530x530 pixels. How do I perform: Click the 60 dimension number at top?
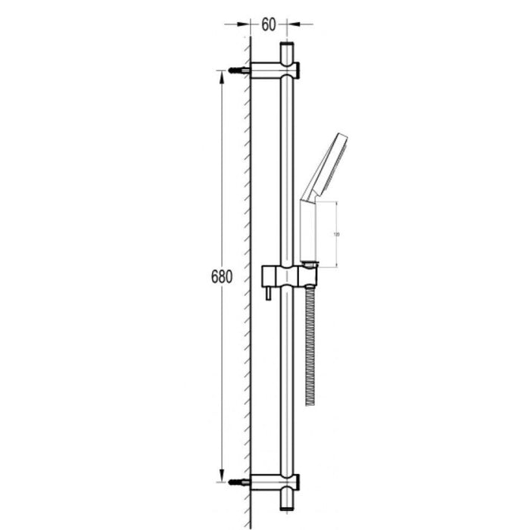(269, 24)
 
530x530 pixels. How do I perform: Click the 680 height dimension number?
(220, 277)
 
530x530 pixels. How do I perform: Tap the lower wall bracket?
(275, 482)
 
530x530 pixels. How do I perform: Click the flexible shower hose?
(310, 341)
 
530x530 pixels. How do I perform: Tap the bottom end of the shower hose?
(310, 401)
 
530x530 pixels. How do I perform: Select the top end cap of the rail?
(286, 51)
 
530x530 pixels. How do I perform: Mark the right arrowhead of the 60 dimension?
(292, 24)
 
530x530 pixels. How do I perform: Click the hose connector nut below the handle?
(310, 264)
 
